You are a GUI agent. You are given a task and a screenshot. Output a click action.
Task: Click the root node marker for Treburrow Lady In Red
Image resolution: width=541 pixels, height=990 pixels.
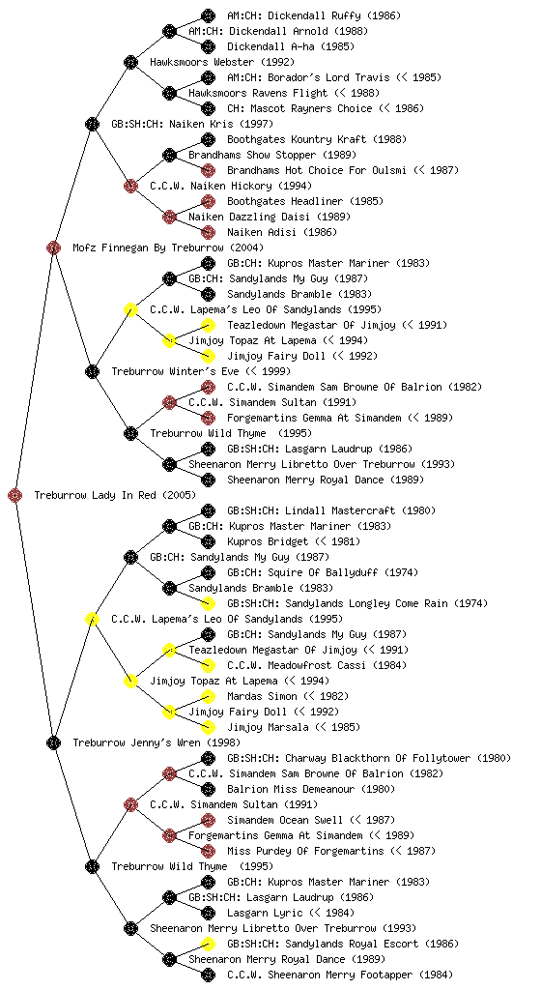15,495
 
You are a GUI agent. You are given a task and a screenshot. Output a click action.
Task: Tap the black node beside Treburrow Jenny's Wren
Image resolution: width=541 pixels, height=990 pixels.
53,742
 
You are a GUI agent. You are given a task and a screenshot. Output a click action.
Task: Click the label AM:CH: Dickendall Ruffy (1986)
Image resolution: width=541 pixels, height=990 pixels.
313,15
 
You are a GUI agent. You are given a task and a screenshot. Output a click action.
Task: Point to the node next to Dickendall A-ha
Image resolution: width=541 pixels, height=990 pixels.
208,46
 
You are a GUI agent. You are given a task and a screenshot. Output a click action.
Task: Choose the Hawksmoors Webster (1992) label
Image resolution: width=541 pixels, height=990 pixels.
222,62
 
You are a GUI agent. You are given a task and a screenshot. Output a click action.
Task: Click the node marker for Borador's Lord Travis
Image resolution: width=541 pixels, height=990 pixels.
208,77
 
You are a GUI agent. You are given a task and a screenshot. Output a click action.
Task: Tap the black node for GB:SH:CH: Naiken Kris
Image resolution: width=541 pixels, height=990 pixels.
92,124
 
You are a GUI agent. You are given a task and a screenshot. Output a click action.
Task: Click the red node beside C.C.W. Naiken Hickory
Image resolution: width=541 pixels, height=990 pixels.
130,186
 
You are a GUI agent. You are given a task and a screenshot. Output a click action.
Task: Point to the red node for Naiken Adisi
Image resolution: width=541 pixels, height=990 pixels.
208,232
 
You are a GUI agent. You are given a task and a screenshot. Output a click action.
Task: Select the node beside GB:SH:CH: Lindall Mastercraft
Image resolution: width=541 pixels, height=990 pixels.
208,510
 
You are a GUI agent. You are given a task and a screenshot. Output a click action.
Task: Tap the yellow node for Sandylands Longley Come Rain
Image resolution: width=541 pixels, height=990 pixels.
208,603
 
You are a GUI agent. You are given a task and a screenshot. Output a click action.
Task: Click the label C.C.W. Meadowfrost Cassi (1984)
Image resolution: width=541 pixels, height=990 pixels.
317,665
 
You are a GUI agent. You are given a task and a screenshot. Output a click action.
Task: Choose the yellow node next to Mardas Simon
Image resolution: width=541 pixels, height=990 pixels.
208,696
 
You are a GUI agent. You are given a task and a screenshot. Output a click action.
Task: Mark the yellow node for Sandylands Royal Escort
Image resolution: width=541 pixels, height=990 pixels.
208,944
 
